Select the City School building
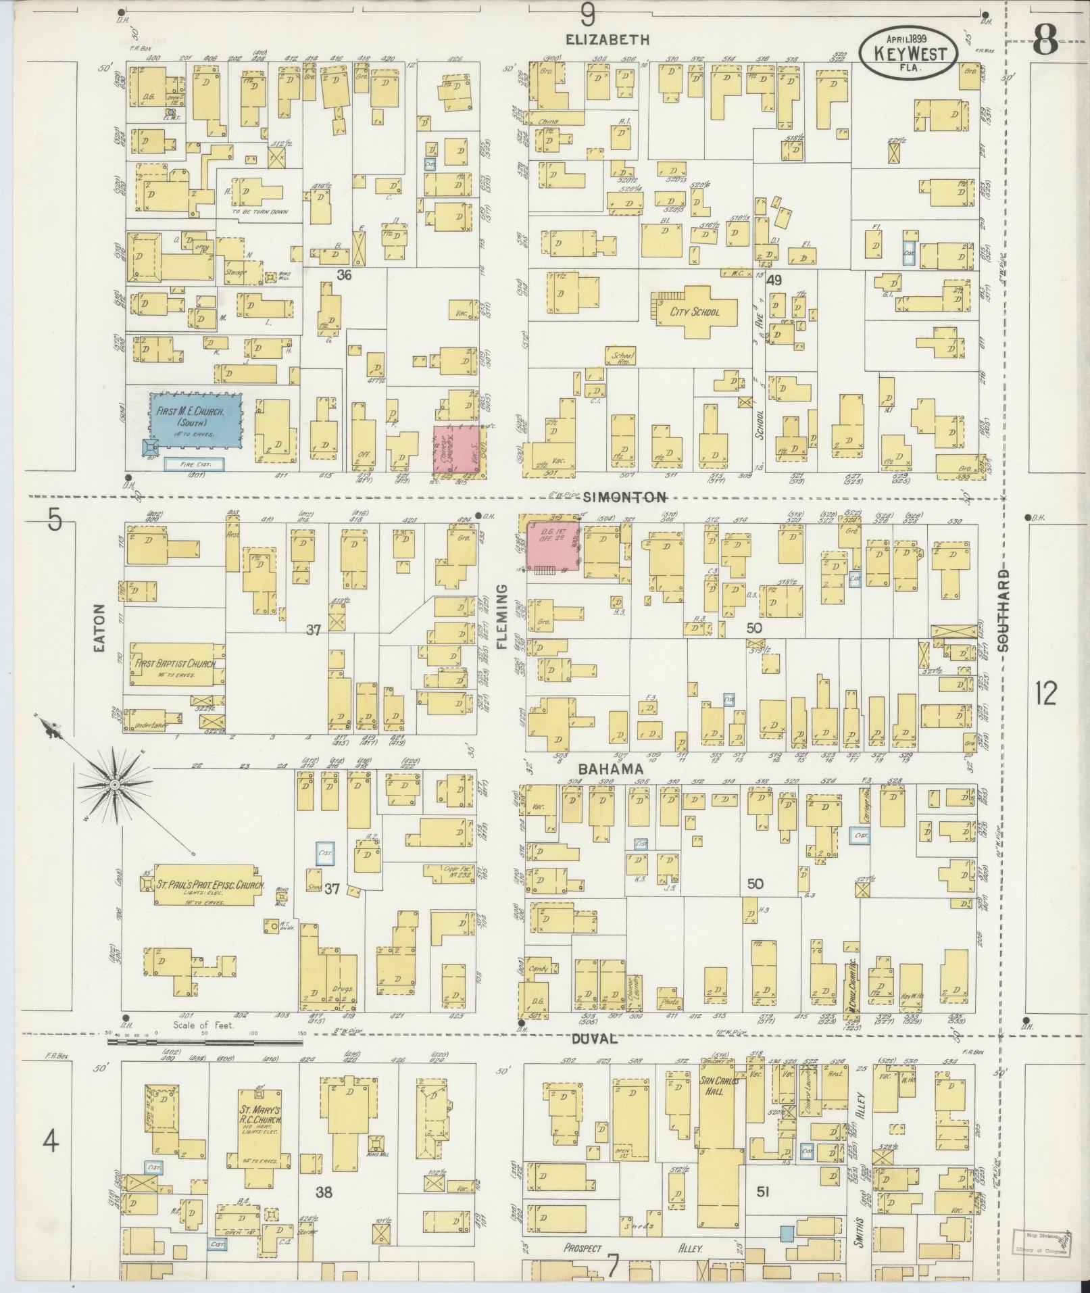(x=695, y=312)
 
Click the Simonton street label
(x=624, y=497)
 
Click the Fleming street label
(x=501, y=616)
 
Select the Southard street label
(x=1004, y=610)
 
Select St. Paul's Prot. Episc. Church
(x=208, y=886)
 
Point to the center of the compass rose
(x=115, y=784)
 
